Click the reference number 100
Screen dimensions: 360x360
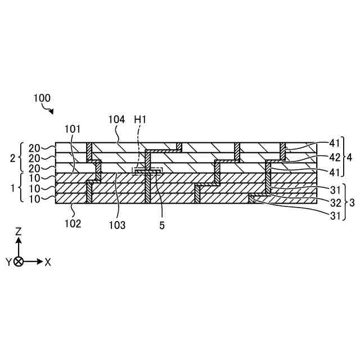pos(42,97)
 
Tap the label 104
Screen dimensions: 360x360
pos(116,120)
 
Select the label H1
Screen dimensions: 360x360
pos(141,120)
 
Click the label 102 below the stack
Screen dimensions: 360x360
pos(73,223)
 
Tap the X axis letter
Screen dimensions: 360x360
pos(48,262)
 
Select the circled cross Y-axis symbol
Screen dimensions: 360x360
pos(19,262)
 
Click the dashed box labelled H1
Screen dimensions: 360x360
pos(147,171)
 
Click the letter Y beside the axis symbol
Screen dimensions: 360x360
pos(9,262)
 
